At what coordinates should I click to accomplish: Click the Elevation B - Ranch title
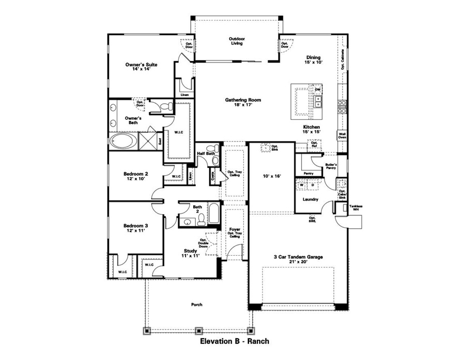pos(234,341)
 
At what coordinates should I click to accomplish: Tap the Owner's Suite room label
pos(141,67)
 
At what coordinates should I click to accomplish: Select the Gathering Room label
pos(242,102)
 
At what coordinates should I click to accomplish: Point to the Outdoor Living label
pos(237,41)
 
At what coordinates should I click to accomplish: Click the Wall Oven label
pos(342,135)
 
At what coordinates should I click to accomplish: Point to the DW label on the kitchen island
pos(318,90)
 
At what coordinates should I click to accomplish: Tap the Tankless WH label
pos(355,208)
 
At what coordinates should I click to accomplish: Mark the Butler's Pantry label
pos(331,167)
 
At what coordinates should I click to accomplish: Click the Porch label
pos(196,305)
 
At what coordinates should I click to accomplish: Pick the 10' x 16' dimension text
pos(271,176)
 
